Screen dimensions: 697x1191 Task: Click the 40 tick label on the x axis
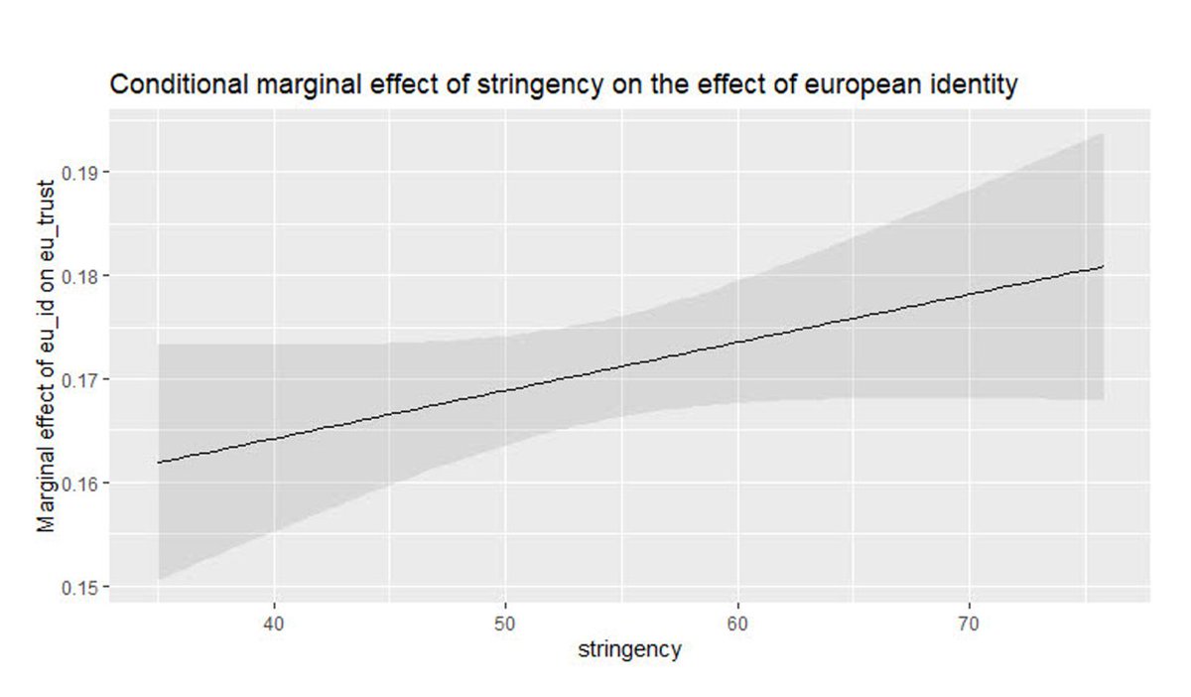(x=274, y=623)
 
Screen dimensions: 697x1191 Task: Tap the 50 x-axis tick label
(x=505, y=623)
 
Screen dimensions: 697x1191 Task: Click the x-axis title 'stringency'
(x=629, y=650)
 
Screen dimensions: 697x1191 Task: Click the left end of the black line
(x=158, y=463)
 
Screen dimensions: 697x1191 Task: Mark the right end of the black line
(x=1104, y=266)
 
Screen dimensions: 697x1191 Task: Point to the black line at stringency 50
(x=505, y=390)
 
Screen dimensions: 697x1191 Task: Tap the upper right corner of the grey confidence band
(x=1103, y=134)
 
